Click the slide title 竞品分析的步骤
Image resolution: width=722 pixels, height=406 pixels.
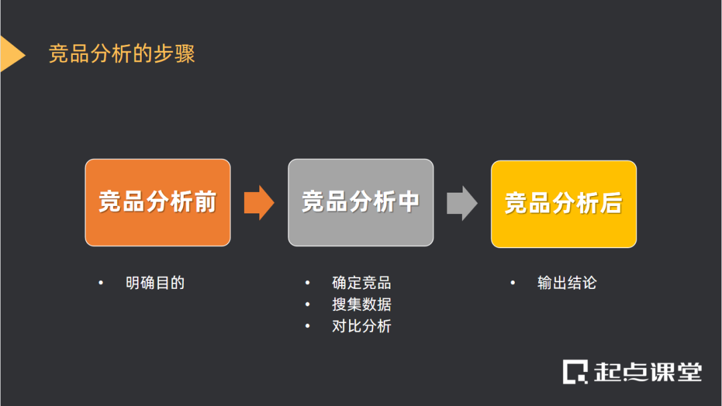coord(122,54)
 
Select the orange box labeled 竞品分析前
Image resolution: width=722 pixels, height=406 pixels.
coord(158,202)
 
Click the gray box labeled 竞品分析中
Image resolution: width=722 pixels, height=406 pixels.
coord(361,202)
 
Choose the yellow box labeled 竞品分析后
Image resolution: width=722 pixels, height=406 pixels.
coord(564,203)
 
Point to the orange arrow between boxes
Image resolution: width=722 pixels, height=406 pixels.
coord(259,202)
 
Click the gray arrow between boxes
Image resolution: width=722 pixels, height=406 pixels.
coord(462,203)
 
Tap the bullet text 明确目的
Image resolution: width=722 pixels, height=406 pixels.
coord(155,283)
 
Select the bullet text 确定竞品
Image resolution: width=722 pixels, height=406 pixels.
coord(362,283)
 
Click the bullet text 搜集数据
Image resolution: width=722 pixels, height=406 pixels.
coord(362,304)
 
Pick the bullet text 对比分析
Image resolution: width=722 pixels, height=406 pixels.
coord(362,326)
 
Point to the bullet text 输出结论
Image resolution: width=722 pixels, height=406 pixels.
coord(567,283)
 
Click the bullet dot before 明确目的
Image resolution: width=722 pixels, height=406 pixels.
coord(101,283)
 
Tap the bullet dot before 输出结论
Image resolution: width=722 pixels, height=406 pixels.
coord(513,283)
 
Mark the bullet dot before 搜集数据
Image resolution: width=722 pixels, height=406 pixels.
coord(308,305)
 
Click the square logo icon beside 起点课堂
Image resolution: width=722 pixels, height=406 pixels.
coord(574,372)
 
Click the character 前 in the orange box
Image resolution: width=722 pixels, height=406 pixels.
coord(205,202)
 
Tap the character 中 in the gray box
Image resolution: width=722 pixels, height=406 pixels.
coord(408,202)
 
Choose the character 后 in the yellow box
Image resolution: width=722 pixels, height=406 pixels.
coord(611,203)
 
